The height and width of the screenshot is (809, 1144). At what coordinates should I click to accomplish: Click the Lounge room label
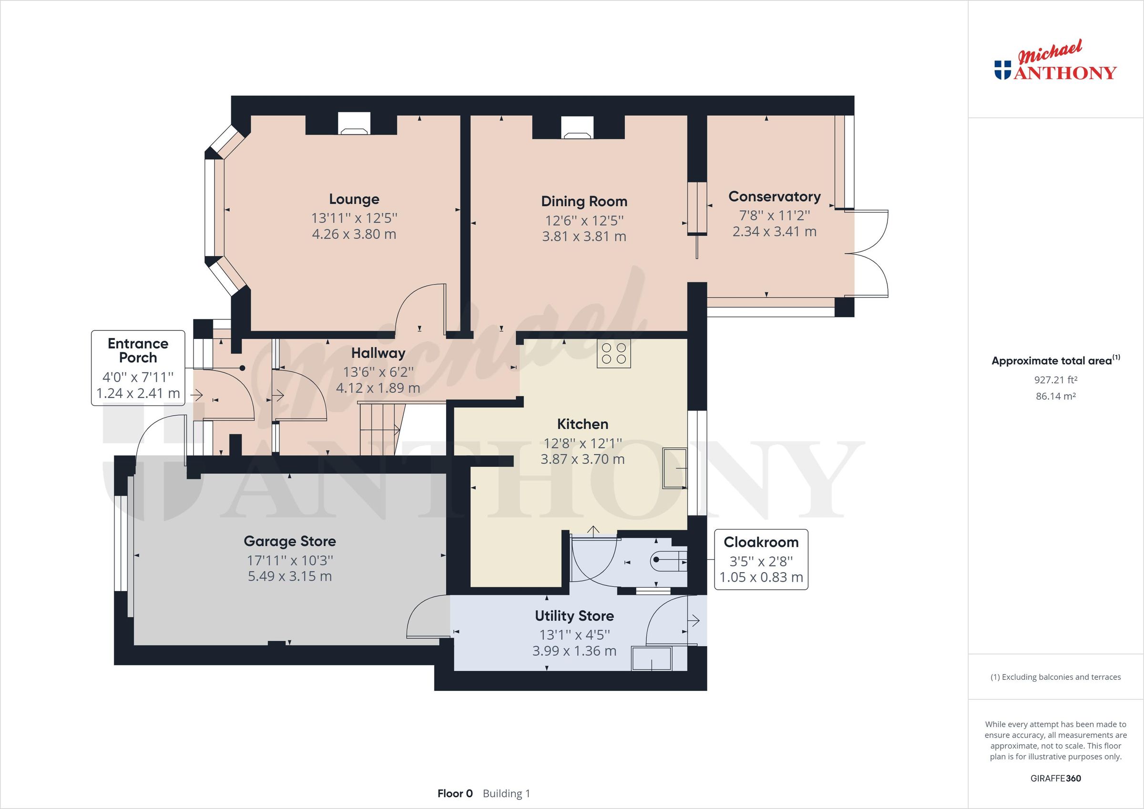tap(354, 199)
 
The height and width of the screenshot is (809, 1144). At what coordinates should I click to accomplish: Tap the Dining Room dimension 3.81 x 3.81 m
tap(584, 236)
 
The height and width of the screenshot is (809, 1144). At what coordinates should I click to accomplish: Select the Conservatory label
tap(774, 196)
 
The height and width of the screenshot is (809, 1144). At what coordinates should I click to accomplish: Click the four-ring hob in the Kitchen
tap(614, 353)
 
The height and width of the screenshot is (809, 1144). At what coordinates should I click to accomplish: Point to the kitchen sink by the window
tap(674, 468)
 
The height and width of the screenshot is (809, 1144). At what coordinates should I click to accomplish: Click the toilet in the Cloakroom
tap(668, 562)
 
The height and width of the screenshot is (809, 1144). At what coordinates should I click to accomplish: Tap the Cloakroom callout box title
tap(761, 542)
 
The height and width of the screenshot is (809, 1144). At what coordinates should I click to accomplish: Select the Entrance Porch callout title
tap(138, 350)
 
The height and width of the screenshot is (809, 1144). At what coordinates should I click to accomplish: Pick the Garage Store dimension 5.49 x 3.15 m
tap(290, 576)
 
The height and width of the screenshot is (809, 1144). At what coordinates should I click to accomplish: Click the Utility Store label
tap(574, 615)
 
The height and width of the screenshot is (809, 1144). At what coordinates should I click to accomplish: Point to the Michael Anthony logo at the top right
tap(1055, 67)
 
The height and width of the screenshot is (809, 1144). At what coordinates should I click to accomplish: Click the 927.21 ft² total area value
tap(1055, 380)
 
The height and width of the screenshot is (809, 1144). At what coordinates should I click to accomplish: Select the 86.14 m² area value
tap(1055, 396)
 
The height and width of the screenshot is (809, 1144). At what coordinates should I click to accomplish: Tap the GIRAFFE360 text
tap(1055, 778)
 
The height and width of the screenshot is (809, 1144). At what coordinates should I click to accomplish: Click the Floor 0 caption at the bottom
tap(454, 794)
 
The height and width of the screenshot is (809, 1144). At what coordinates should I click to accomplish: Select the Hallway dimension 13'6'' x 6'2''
tap(378, 372)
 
